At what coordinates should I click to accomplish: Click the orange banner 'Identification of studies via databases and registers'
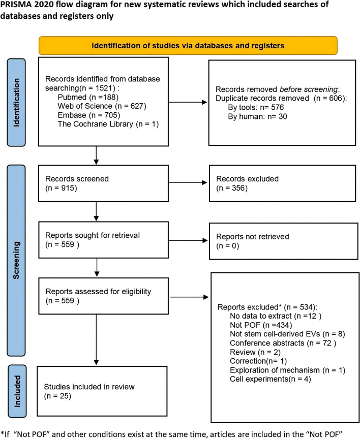click(189, 45)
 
